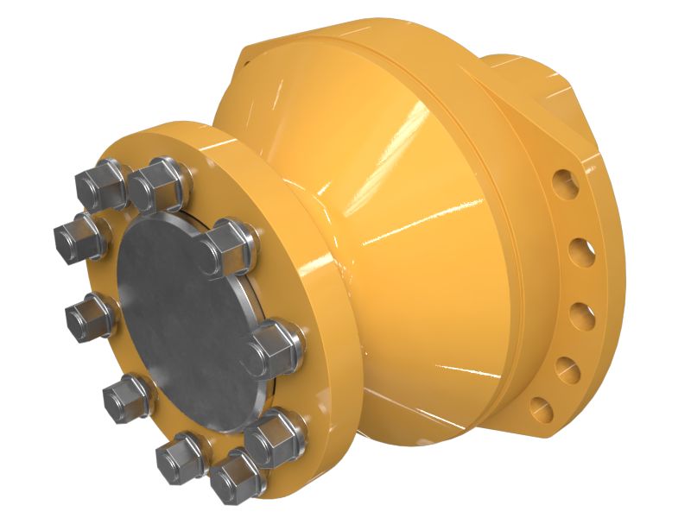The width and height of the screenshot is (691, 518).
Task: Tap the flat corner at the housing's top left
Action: point(242,60)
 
